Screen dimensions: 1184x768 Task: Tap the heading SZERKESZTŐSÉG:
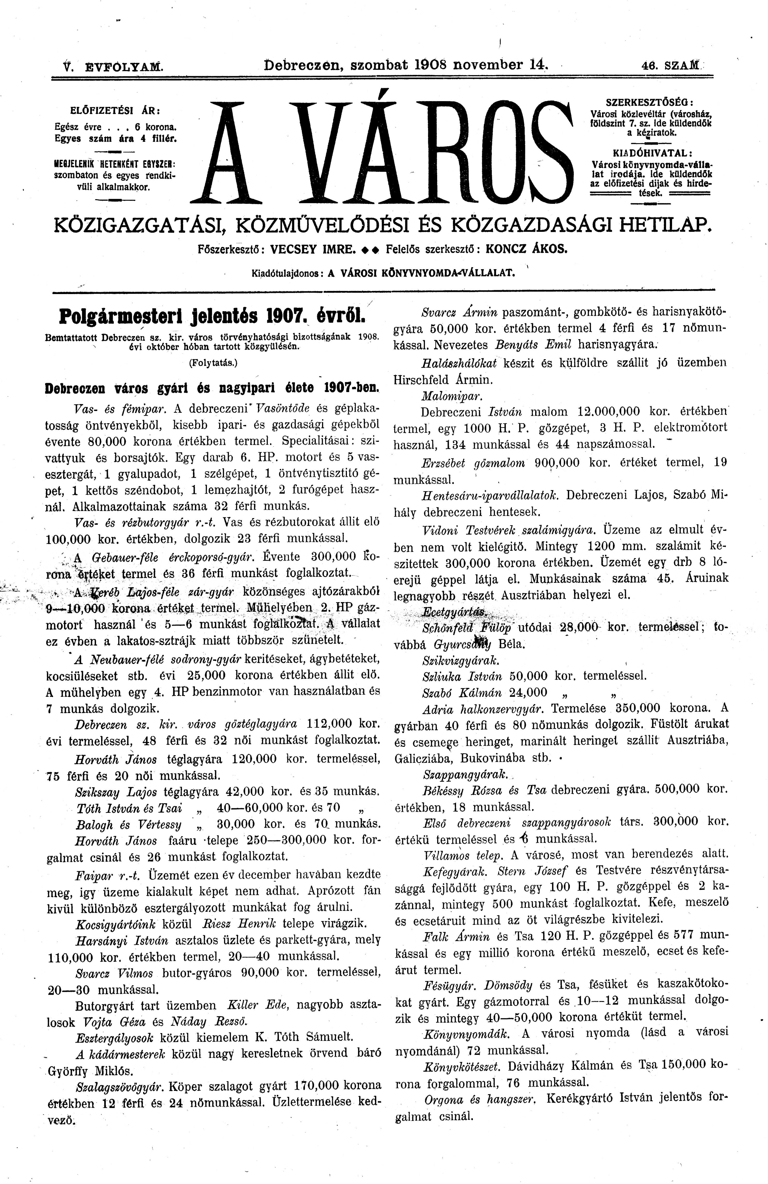tap(650, 101)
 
